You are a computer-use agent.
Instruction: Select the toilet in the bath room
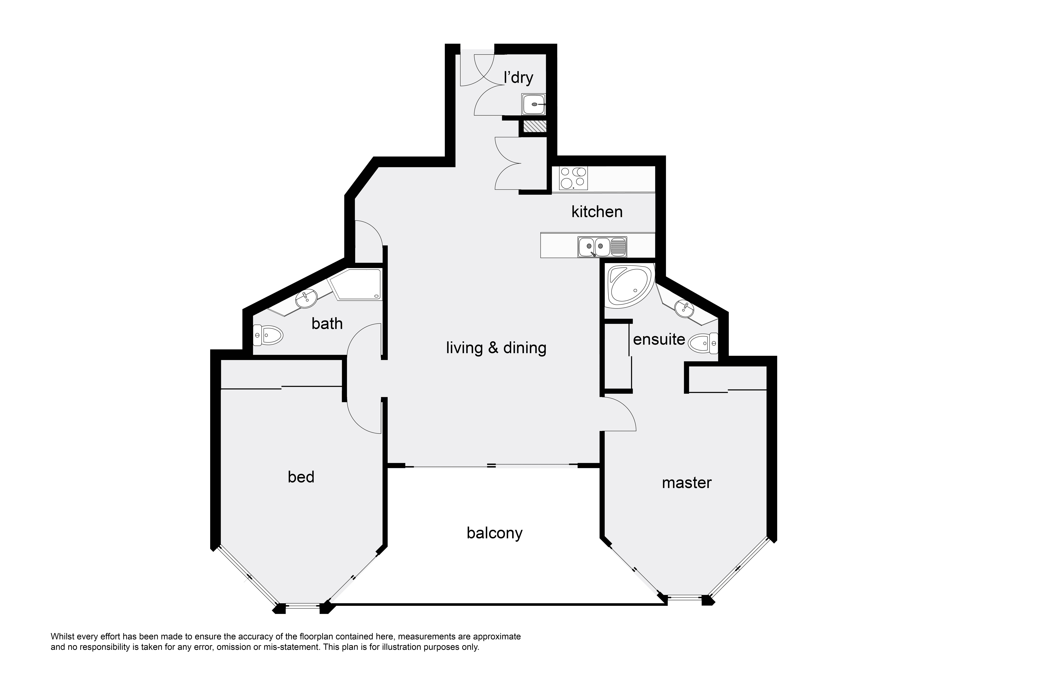click(268, 335)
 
